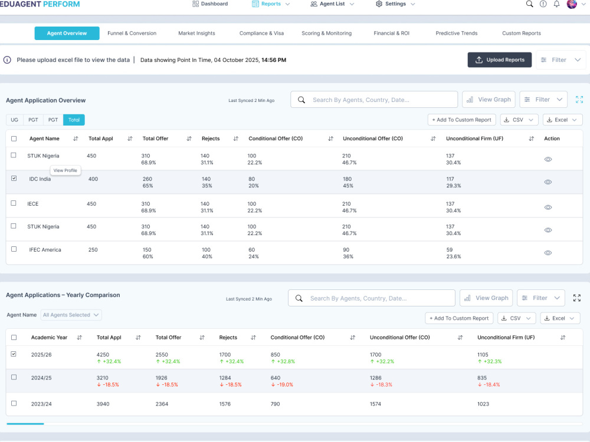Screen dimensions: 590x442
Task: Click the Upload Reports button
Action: (x=499, y=60)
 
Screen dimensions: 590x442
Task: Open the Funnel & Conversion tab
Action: (x=132, y=33)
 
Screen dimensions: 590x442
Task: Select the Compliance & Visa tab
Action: (x=261, y=33)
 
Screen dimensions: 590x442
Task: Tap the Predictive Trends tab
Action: (x=457, y=33)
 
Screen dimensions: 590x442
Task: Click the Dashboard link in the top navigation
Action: (x=210, y=4)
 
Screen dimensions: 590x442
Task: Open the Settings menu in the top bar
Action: (x=395, y=4)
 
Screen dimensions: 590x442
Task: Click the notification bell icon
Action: (x=556, y=4)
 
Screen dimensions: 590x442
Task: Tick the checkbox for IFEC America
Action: (x=14, y=249)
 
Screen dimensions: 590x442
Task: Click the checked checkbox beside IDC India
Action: (x=14, y=178)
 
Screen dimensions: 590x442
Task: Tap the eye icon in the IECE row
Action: (x=548, y=207)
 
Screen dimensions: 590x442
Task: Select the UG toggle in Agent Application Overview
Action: (x=14, y=120)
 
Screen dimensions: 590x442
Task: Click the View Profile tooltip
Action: (x=65, y=170)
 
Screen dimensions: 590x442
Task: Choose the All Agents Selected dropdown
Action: (x=71, y=315)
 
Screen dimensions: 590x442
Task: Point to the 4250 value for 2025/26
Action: (x=103, y=354)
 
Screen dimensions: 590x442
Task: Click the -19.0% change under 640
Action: (x=282, y=384)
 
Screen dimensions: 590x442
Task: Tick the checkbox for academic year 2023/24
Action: (x=14, y=403)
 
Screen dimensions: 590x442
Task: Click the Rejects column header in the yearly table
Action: (x=228, y=338)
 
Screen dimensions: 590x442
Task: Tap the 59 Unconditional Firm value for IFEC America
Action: (x=449, y=249)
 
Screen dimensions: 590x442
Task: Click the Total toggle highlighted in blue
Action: (x=74, y=120)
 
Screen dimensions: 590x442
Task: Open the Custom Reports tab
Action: (x=521, y=33)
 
